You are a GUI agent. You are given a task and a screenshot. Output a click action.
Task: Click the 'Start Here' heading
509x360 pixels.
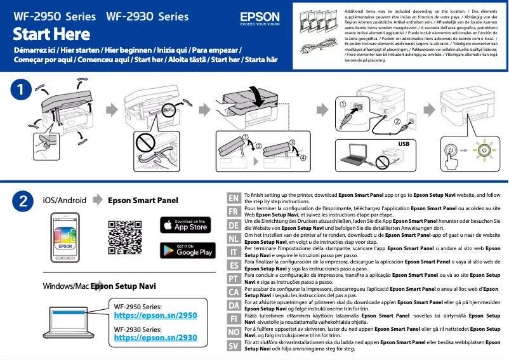(x=51, y=34)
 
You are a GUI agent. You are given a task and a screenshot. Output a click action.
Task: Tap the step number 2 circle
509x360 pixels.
(x=22, y=201)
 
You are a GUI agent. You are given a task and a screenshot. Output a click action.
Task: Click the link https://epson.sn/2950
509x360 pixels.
(x=155, y=315)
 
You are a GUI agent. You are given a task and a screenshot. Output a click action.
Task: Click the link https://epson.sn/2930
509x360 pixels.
(x=155, y=338)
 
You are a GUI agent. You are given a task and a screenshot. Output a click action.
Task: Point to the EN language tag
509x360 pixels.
(x=233, y=198)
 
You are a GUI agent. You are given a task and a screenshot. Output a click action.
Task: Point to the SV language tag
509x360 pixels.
(x=233, y=346)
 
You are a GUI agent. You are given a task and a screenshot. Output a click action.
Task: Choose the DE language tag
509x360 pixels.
(x=233, y=225)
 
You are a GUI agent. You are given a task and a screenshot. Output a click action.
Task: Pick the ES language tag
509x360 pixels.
(x=233, y=265)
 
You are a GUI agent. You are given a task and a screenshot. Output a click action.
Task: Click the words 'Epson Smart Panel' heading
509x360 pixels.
(x=143, y=201)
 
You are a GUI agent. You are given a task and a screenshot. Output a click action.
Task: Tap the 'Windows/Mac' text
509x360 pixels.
(x=65, y=286)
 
